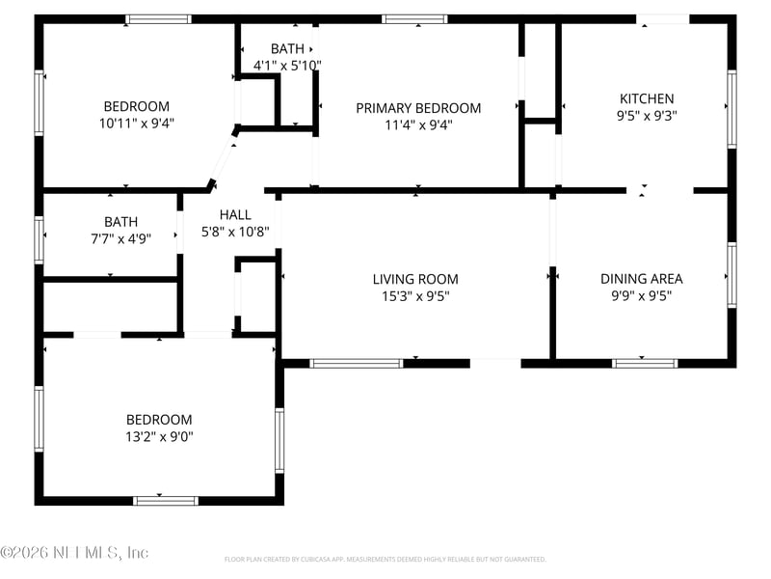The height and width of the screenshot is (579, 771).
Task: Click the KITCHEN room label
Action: pos(646,98)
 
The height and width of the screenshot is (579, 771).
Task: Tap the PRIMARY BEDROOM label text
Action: pos(418,108)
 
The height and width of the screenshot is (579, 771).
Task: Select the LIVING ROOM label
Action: pos(415,280)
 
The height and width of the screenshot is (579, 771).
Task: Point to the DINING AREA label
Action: pos(641,279)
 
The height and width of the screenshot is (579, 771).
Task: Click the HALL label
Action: pos(235,215)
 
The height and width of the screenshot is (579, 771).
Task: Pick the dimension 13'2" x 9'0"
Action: pos(159,436)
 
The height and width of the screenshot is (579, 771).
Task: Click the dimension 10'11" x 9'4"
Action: pos(136,123)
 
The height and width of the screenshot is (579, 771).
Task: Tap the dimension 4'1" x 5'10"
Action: pos(287,65)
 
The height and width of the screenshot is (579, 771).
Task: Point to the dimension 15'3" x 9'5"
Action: pos(415,296)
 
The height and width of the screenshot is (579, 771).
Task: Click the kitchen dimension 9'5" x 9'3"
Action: pos(646,115)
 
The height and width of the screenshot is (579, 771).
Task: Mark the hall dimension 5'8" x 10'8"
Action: pos(235,232)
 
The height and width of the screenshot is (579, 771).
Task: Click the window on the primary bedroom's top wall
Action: pos(414,18)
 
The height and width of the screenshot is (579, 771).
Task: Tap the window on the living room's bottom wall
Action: pos(356,364)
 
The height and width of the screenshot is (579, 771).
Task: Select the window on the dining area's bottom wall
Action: pos(645,364)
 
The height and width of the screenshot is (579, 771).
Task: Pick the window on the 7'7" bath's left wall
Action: pos(40,239)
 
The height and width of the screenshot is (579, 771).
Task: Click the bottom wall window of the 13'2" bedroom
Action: pos(165,501)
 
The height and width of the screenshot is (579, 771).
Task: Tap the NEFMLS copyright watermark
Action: pos(74,553)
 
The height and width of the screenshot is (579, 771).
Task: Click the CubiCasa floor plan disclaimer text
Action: pos(385,559)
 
